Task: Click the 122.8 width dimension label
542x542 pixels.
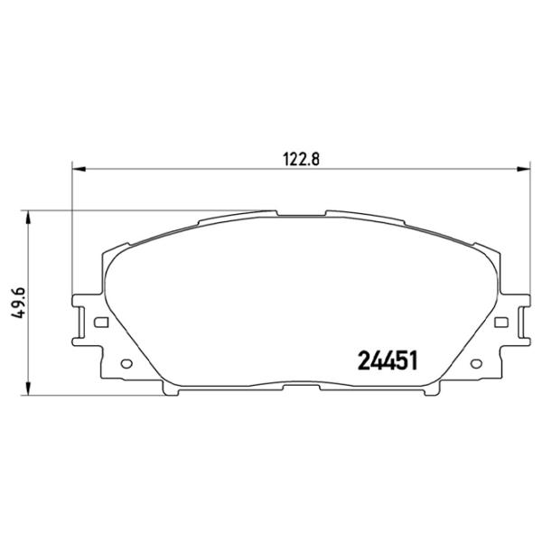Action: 301,159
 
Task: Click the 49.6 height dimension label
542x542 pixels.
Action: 18,303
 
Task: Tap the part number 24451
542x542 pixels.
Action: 388,360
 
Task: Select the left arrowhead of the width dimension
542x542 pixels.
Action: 78,169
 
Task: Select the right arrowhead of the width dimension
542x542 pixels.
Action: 523,169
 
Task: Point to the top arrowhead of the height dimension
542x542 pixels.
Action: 28,218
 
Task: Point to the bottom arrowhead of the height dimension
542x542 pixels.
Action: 28,388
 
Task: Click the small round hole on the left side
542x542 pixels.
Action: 126,363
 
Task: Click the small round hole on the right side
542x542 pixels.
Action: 476,363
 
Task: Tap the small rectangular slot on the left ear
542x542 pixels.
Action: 101,322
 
